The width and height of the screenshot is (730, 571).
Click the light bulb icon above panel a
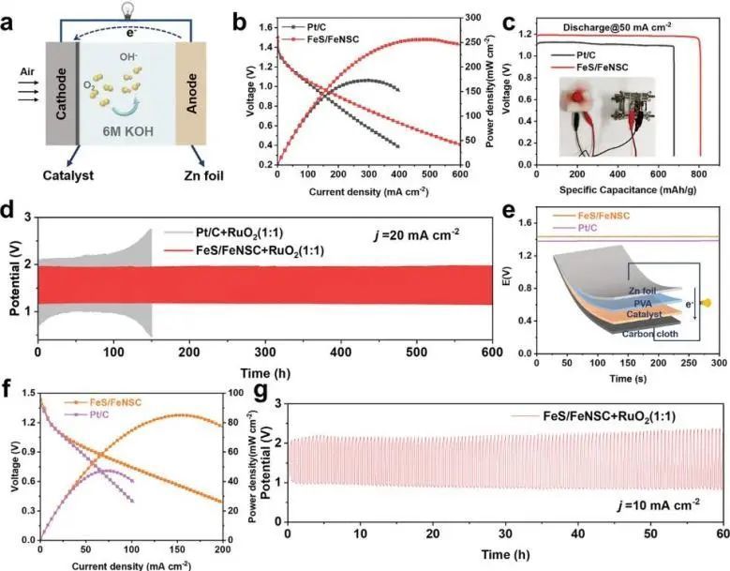126,9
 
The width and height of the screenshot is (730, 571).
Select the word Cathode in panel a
63,91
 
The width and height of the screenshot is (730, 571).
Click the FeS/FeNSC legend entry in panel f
113,401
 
